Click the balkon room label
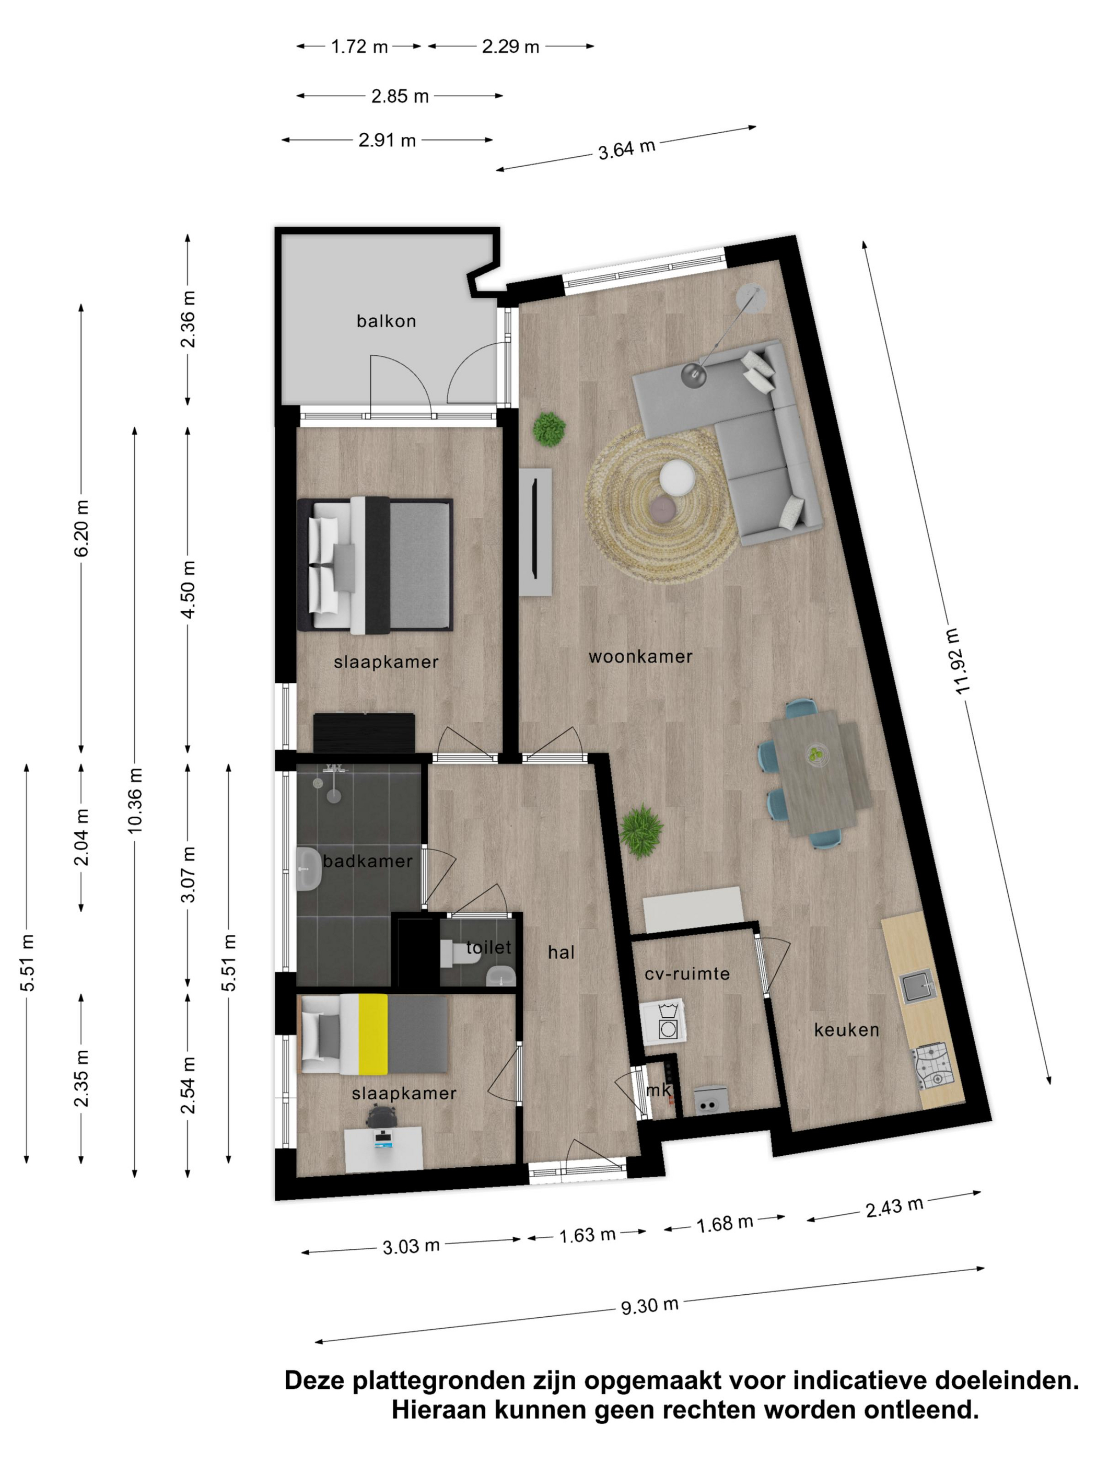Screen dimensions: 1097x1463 pyautogui.click(x=386, y=321)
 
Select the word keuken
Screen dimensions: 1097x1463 pyautogui.click(x=846, y=1030)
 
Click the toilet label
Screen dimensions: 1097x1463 pyautogui.click(x=488, y=947)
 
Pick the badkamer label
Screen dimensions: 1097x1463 pyautogui.click(x=368, y=861)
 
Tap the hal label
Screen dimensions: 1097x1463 pyautogui.click(x=561, y=953)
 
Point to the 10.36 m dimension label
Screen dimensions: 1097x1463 pyautogui.click(x=135, y=800)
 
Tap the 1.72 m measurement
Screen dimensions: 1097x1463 pyautogui.click(x=359, y=47)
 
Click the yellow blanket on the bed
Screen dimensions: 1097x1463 pyautogui.click(x=373, y=1034)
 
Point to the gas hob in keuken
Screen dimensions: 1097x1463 pyautogui.click(x=932, y=1066)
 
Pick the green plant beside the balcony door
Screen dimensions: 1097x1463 pyautogui.click(x=549, y=429)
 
